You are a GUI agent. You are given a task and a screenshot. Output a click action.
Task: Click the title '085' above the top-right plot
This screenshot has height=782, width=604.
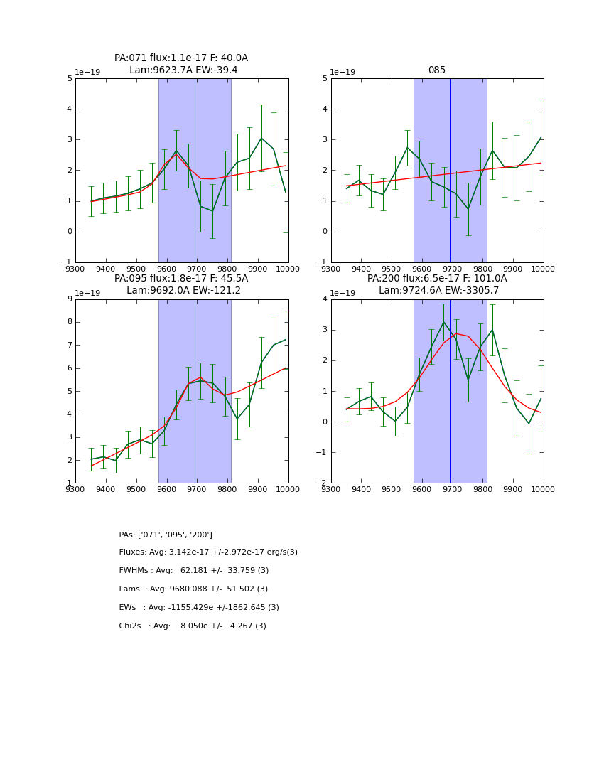[436, 70]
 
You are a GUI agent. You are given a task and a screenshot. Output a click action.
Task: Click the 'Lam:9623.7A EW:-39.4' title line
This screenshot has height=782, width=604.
[183, 70]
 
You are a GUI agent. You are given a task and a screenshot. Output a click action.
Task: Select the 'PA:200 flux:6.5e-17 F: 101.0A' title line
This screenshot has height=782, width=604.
[437, 279]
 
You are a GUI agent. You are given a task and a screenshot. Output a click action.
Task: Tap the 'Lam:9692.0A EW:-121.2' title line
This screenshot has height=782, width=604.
[183, 291]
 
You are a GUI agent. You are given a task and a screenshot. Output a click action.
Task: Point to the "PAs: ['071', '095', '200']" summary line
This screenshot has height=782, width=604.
[166, 535]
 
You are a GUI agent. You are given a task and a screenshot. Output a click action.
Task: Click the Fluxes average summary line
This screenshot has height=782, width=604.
[208, 552]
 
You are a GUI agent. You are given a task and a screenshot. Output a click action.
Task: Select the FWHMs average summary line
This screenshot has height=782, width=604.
[194, 571]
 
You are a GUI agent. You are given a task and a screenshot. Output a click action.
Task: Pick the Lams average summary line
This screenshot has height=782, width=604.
[193, 589]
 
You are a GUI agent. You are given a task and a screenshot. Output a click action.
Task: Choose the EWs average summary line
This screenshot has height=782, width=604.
[199, 608]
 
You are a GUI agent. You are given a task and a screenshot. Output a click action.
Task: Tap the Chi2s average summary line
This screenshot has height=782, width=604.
[193, 626]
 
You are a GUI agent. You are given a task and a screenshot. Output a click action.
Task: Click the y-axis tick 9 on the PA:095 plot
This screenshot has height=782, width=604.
[69, 299]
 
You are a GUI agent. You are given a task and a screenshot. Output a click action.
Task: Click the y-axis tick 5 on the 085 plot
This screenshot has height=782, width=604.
[325, 79]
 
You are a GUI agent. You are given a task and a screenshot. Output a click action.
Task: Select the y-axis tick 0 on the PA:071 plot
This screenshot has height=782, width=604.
[69, 232]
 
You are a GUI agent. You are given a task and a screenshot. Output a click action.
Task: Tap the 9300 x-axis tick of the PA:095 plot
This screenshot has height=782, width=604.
[75, 489]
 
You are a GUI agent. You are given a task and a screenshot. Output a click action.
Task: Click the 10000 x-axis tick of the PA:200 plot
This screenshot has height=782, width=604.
[543, 489]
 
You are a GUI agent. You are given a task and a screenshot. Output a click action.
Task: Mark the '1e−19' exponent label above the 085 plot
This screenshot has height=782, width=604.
[344, 73]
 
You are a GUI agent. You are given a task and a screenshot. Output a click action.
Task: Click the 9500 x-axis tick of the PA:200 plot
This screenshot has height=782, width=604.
[392, 489]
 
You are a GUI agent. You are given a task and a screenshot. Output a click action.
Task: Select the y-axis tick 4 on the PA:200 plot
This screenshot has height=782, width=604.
[325, 299]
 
